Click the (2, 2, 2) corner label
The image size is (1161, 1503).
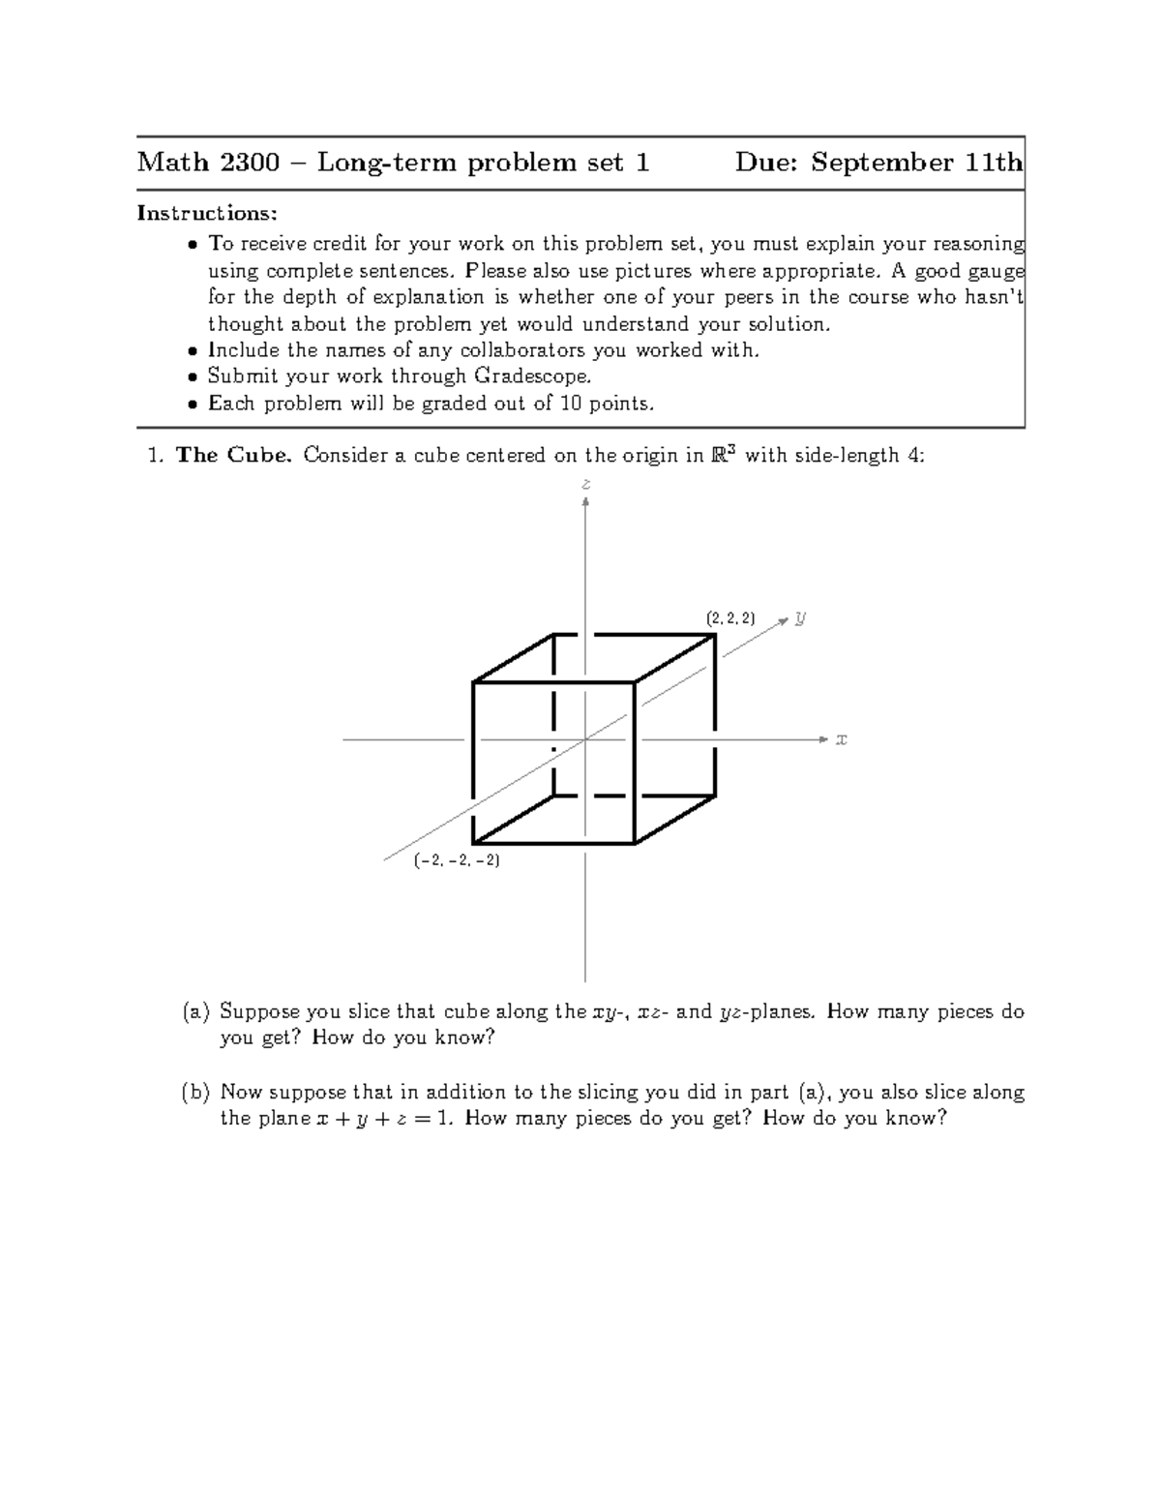(730, 618)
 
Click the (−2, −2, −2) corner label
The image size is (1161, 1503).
(457, 859)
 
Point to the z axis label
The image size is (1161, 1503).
(585, 483)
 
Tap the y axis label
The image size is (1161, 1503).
(800, 617)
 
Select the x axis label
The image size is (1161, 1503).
(841, 739)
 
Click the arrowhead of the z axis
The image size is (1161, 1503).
(585, 501)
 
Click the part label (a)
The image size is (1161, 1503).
(195, 1012)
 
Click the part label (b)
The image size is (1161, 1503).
(195, 1093)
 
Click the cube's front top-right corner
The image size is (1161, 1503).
(634, 682)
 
